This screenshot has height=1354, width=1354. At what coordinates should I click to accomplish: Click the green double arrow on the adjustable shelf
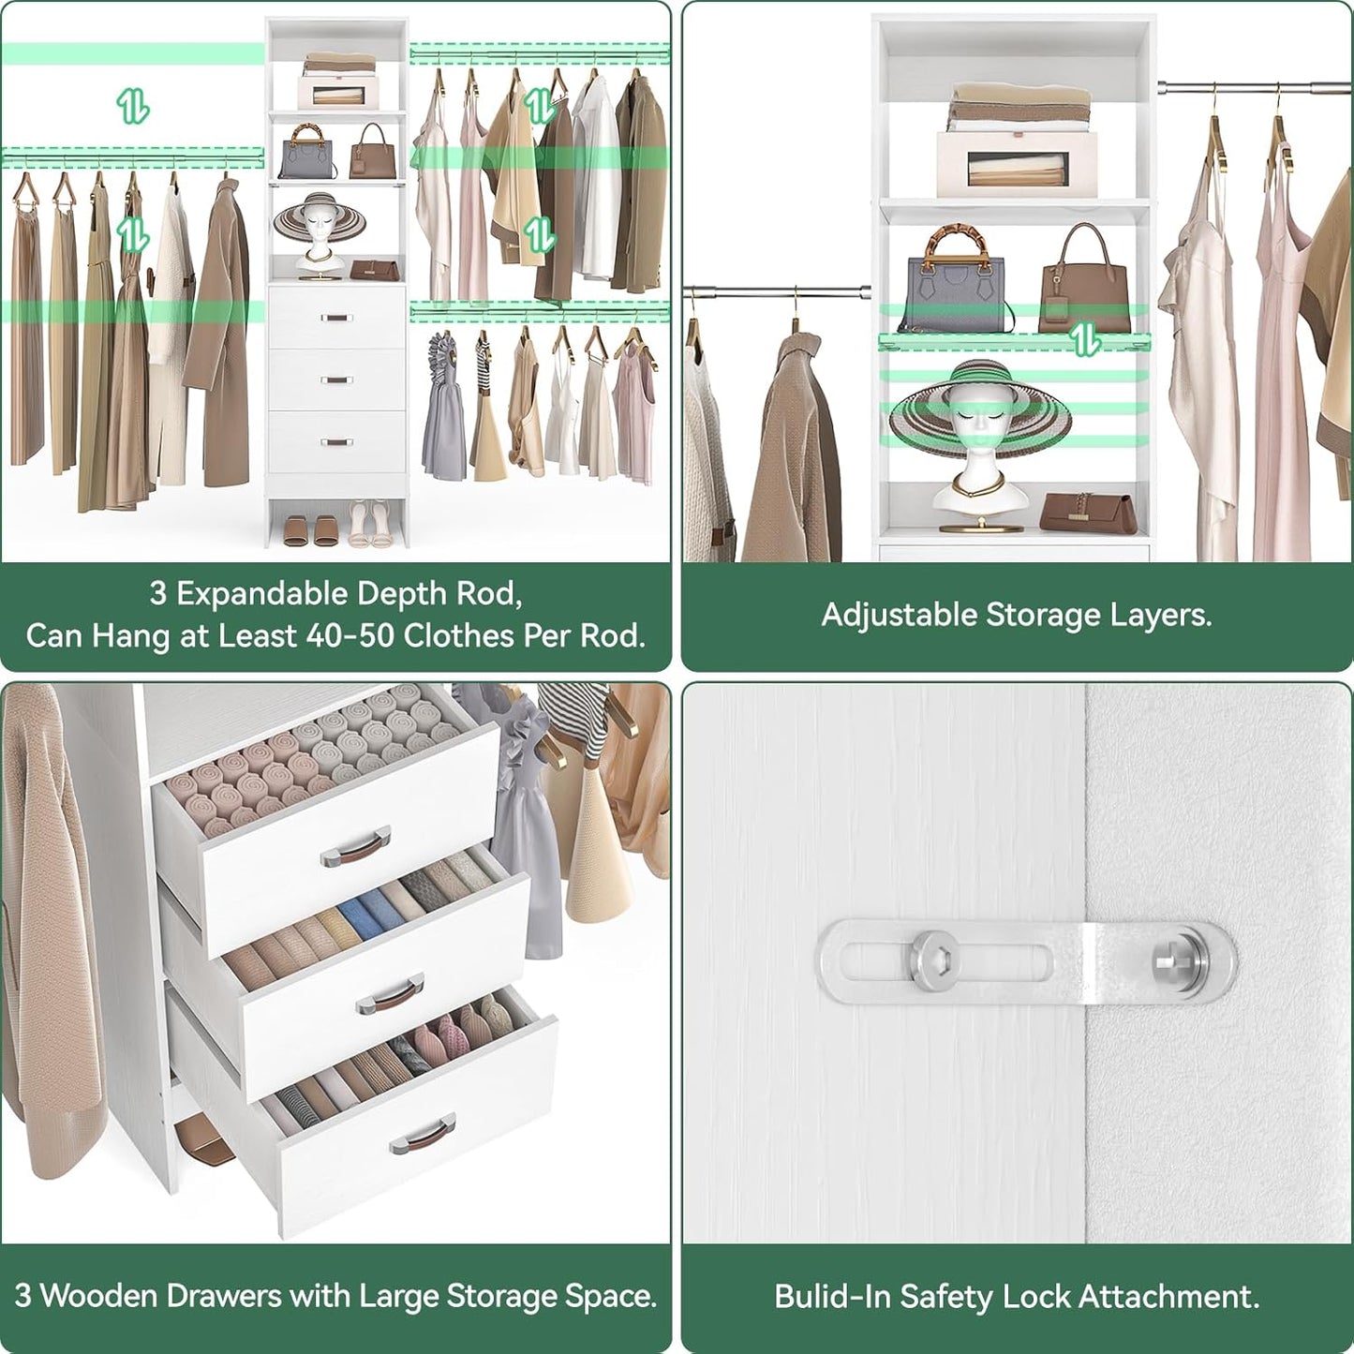click(1085, 340)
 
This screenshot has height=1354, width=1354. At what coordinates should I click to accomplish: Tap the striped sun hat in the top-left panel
click(319, 220)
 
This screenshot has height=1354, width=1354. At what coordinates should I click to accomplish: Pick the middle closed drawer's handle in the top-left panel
click(335, 380)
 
